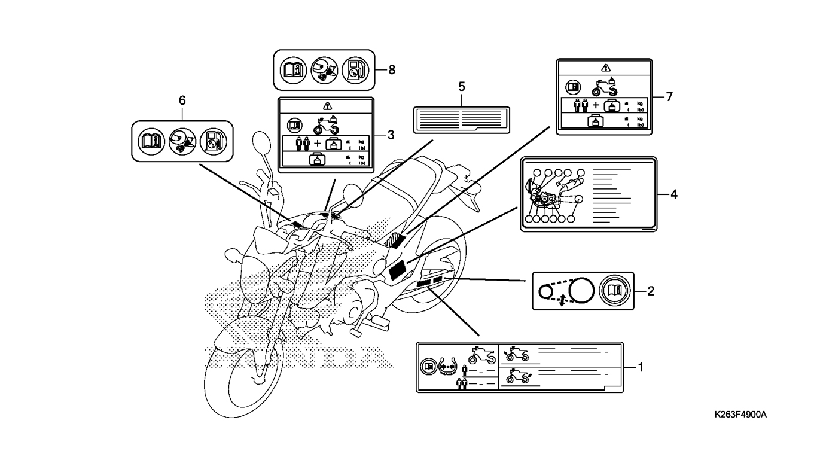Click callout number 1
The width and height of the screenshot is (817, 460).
pyautogui.click(x=640, y=367)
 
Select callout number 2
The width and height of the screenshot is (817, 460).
pyautogui.click(x=651, y=292)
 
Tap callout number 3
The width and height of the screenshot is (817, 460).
pyautogui.click(x=390, y=135)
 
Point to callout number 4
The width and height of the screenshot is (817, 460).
pyautogui.click(x=673, y=194)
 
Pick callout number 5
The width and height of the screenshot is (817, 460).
pyautogui.click(x=462, y=87)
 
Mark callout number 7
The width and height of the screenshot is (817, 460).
pyautogui.click(x=669, y=96)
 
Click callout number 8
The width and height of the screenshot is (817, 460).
pyautogui.click(x=392, y=69)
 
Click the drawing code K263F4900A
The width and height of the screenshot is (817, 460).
pyautogui.click(x=740, y=415)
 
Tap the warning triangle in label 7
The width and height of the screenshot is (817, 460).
pyautogui.click(x=605, y=68)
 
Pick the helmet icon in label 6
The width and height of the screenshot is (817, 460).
pyautogui.click(x=182, y=142)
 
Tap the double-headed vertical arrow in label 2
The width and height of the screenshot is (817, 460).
pyautogui.click(x=562, y=301)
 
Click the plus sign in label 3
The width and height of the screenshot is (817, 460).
pyautogui.click(x=317, y=144)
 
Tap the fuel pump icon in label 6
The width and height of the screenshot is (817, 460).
pyautogui.click(x=214, y=142)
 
